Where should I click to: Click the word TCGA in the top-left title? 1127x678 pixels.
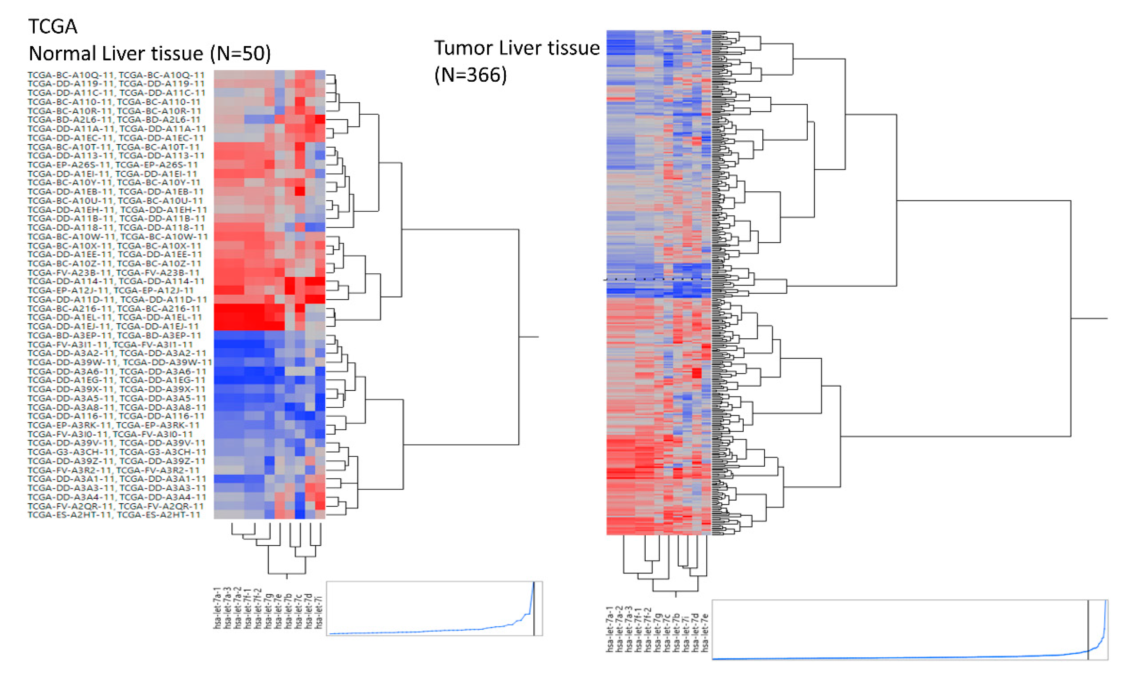53,26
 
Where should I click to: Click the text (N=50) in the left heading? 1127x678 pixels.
240,54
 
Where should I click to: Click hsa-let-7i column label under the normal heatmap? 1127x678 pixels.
319,612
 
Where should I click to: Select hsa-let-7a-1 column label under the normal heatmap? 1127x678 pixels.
218,608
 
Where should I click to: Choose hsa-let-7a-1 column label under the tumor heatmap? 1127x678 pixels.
610,629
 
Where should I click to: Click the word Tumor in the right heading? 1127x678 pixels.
464,48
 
